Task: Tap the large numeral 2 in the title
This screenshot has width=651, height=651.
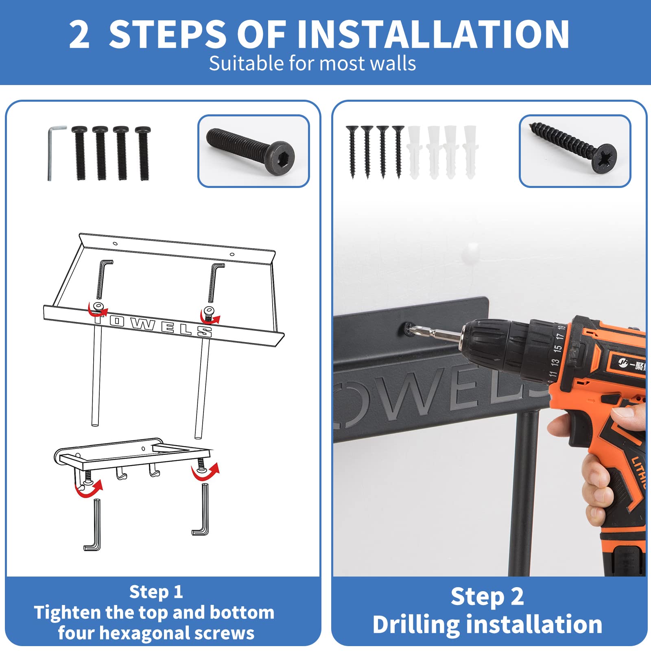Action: (79, 35)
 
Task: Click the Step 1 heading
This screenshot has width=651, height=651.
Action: (156, 592)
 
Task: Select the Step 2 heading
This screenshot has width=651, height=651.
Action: (487, 597)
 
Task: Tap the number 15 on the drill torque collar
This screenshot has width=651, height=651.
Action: (557, 348)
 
